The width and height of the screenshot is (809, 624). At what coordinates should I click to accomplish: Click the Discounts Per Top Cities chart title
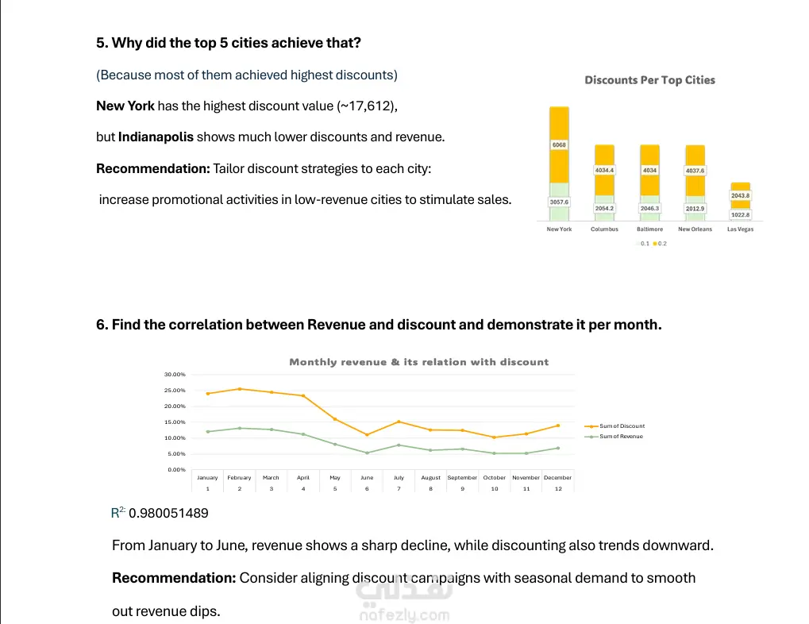coord(649,80)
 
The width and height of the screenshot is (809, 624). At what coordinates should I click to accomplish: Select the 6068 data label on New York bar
coord(558,145)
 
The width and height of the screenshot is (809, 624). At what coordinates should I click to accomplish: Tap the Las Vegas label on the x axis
coord(740,229)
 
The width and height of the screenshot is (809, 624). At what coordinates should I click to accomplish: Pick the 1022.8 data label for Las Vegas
coord(740,214)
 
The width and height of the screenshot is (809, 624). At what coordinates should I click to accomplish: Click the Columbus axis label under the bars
coord(604,229)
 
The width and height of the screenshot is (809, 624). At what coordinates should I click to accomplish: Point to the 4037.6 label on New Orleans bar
coord(695,170)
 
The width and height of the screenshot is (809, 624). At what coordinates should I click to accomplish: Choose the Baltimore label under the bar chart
coord(649,229)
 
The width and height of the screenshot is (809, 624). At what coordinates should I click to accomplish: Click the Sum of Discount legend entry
coord(622,426)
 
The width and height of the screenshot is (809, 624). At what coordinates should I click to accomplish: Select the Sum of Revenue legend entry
coord(621,437)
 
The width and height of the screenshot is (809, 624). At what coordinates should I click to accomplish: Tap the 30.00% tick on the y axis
coord(174,375)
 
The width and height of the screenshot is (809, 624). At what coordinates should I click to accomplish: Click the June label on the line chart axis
coord(367,478)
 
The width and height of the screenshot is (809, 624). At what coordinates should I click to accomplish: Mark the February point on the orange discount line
coord(239,389)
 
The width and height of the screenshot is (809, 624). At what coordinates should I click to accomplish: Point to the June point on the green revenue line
coord(367,453)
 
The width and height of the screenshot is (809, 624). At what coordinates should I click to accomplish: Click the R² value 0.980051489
coord(168,514)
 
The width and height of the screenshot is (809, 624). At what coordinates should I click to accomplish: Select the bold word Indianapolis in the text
coord(156,137)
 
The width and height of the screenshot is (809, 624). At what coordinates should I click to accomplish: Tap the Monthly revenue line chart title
coord(418,362)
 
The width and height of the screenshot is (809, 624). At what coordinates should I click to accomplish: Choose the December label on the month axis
coord(557,478)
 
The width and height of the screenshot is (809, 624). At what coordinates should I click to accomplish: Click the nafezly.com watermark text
coord(404,615)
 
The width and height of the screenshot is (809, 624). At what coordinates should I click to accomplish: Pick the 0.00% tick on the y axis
coord(175,470)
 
